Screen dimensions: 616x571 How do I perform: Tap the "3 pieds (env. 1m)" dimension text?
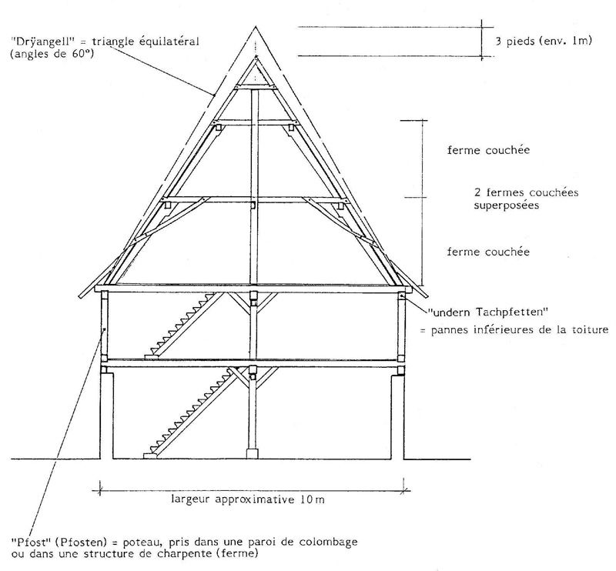[544, 41]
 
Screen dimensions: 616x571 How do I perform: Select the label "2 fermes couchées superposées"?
[526, 199]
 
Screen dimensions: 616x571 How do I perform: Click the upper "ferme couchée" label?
[488, 150]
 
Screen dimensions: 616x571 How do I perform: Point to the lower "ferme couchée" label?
[488, 252]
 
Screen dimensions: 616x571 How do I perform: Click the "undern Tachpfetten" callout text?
[488, 312]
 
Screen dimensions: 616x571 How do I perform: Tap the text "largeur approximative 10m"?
[248, 499]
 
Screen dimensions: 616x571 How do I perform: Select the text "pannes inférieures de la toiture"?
[520, 329]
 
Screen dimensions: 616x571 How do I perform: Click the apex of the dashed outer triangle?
[256, 27]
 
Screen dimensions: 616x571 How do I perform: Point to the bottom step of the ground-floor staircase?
[150, 456]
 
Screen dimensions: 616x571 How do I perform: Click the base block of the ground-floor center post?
[253, 453]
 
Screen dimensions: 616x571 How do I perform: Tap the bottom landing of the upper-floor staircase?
[151, 356]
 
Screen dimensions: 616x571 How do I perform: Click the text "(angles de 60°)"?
[52, 54]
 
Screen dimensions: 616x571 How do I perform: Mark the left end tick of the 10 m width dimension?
[100, 490]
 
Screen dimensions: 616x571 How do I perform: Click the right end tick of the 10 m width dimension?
[405, 490]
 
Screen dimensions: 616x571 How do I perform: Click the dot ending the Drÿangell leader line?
[214, 95]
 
